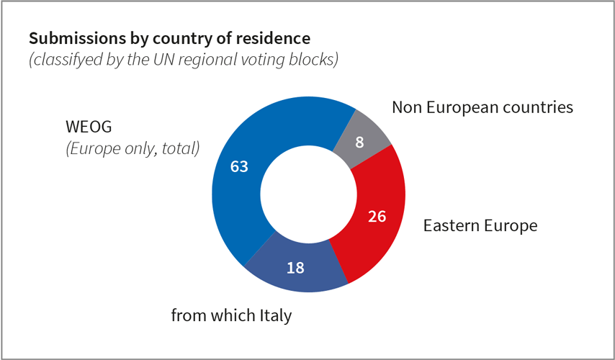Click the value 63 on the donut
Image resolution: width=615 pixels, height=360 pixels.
239,166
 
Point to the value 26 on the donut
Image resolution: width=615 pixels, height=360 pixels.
377,216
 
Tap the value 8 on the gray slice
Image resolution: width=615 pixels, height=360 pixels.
359,142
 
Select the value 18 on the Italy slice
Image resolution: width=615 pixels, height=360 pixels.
295,268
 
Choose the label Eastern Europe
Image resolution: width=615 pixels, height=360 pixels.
480,225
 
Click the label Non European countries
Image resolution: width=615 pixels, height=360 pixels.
482,107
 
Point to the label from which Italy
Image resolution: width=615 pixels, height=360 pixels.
231,315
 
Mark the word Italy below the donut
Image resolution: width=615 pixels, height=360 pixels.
274,315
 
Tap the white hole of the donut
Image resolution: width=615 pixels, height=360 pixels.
308,195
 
